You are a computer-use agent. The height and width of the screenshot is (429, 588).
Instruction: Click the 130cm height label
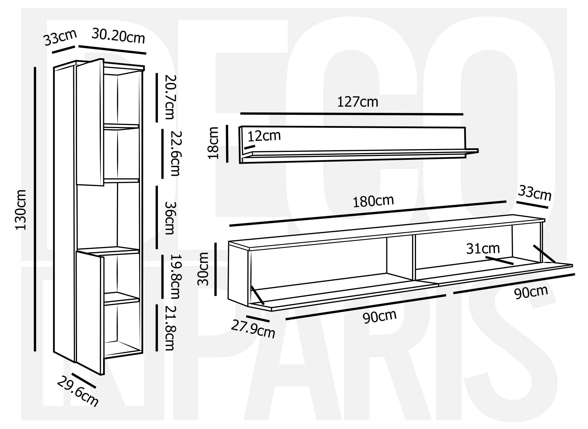[x=21, y=210]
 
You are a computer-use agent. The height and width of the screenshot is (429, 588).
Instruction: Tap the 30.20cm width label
[x=118, y=36]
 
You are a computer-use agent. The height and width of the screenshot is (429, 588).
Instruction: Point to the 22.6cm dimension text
[x=176, y=153]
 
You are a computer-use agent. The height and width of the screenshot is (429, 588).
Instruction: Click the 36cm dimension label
[x=169, y=218]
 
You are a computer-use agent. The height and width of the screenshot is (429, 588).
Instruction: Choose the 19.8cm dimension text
[x=176, y=276]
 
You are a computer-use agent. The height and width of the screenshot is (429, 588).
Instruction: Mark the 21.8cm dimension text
[x=170, y=328]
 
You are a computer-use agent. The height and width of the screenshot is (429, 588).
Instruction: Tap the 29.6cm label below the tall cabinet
[x=78, y=392]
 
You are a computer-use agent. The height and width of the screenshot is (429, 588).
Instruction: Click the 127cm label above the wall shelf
[x=357, y=102]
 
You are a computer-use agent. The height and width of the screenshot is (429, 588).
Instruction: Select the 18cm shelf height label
[x=214, y=143]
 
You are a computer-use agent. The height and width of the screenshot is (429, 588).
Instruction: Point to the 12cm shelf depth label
[x=264, y=136]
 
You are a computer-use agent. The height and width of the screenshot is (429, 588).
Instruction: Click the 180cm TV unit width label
[x=373, y=201]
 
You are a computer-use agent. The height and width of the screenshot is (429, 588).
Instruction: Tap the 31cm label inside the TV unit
[x=483, y=249]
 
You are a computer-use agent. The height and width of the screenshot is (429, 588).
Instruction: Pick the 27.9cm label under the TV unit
[x=253, y=329]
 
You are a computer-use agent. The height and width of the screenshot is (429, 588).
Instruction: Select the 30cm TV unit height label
[x=203, y=269]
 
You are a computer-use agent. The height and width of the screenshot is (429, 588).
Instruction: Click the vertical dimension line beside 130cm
[x=35, y=209]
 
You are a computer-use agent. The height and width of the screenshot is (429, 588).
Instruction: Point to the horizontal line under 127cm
[x=352, y=114]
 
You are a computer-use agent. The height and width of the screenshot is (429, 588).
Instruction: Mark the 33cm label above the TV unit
[x=534, y=193]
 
